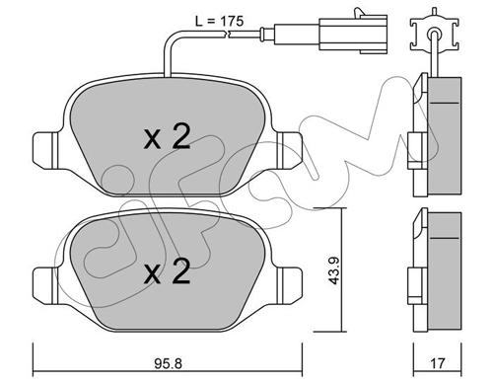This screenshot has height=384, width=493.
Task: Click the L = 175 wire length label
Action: pyautogui.click(x=219, y=21)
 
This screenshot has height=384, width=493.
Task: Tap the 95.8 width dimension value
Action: pyautogui.click(x=168, y=363)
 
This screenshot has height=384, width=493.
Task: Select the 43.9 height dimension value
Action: pyautogui.click(x=335, y=270)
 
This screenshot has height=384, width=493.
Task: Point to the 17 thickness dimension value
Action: pyautogui.click(x=438, y=363)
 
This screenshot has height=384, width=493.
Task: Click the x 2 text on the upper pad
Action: pyautogui.click(x=168, y=137)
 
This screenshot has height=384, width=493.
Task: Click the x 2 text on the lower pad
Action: pyautogui.click(x=168, y=271)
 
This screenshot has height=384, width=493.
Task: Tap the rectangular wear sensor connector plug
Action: pyautogui.click(x=353, y=34)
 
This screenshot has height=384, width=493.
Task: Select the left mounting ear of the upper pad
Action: pyautogui.click(x=46, y=150)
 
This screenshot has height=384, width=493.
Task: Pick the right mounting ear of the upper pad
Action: pyautogui.click(x=289, y=150)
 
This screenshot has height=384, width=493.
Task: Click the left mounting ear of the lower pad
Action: pyautogui.click(x=46, y=285)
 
